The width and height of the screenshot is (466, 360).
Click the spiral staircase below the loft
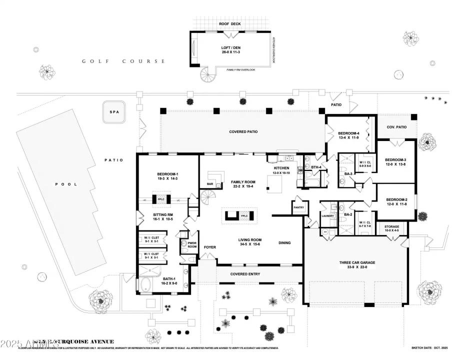click(207, 74)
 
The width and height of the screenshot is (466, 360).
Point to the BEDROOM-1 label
click(168, 174)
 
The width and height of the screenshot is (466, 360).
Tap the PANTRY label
click(298, 207)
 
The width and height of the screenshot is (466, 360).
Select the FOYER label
click(209, 247)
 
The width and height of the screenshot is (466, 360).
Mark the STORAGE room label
click(391, 226)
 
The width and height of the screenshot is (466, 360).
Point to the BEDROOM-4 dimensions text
click(349, 137)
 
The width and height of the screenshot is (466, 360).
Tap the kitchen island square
click(274, 186)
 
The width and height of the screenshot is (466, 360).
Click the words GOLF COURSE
click(123, 61)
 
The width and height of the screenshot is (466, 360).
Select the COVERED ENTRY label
click(245, 274)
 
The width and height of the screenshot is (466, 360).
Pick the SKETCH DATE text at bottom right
click(428, 347)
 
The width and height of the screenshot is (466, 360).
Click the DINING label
click(285, 243)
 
